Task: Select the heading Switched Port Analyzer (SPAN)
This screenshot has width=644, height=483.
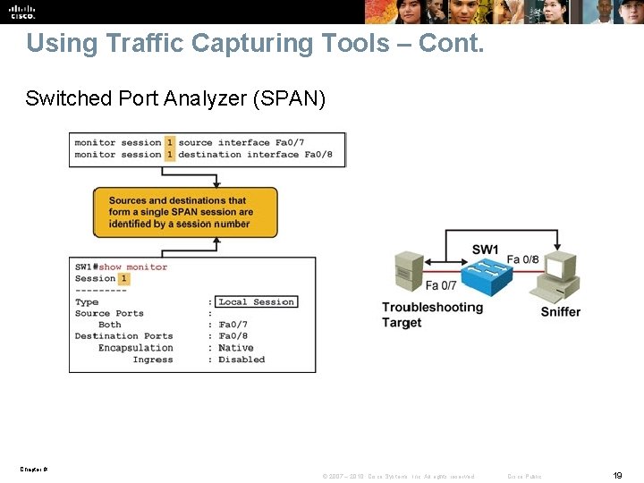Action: [175, 98]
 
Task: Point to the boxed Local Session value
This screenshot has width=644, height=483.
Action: [256, 302]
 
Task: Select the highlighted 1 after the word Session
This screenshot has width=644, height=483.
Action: [123, 278]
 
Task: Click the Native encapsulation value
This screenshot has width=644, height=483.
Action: [235, 348]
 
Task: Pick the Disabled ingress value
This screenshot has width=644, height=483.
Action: [241, 360]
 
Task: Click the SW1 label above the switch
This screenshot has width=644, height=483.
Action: [485, 250]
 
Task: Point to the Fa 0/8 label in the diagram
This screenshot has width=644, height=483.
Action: [523, 259]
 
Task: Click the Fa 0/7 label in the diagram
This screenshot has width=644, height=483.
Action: [441, 286]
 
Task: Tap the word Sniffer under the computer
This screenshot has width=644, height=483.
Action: [560, 312]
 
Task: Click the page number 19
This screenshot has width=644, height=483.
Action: [617, 476]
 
